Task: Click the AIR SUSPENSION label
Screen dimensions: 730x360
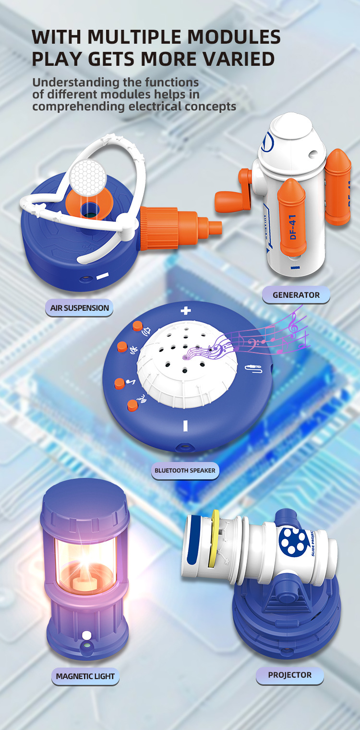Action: click(80, 308)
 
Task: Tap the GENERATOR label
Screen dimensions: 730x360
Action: click(296, 295)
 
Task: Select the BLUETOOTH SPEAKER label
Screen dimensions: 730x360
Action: click(185, 470)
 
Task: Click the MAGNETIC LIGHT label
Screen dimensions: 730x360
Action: click(85, 676)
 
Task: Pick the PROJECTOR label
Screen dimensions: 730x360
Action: click(289, 675)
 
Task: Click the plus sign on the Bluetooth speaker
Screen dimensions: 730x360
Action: click(186, 311)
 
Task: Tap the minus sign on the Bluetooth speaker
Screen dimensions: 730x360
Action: click(185, 426)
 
